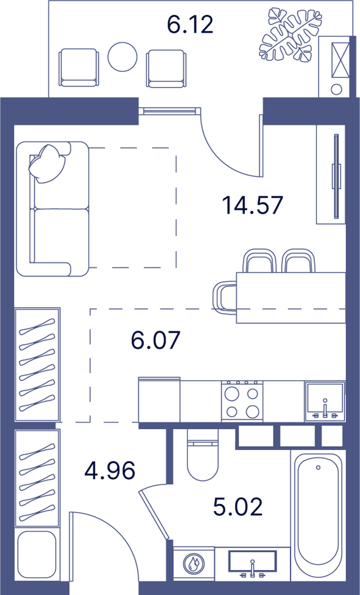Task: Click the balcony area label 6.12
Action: pos(190,24)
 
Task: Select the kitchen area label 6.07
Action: pos(155,340)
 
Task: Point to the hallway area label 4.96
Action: pos(109,471)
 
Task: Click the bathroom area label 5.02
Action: pos(238,507)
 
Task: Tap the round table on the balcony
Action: pos(122,57)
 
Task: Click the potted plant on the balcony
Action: pos(291,35)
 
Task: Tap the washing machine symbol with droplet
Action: pos(193,563)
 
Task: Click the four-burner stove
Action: pos(242,400)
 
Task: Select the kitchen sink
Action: pos(325,402)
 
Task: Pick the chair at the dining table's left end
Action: pos(225,297)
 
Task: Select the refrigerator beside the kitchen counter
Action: pos(159,400)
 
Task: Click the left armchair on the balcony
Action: pos(79,68)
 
